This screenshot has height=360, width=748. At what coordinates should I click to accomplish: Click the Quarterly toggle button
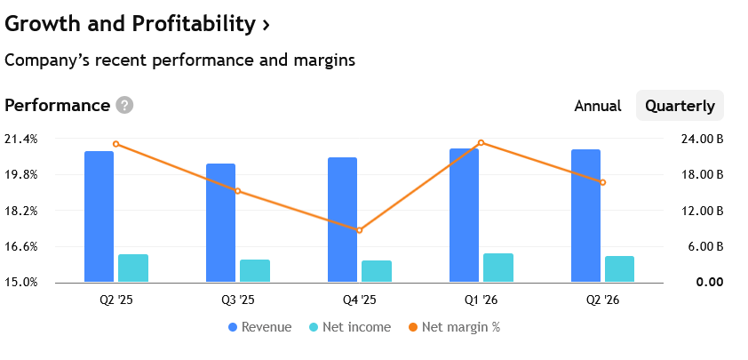[x=680, y=106]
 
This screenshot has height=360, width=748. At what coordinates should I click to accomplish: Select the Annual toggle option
[x=598, y=106]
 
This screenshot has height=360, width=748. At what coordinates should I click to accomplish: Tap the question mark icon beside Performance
[x=124, y=106]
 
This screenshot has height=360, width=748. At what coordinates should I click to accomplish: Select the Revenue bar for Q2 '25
[x=99, y=217]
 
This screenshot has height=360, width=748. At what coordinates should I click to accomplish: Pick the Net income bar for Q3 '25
[x=255, y=271]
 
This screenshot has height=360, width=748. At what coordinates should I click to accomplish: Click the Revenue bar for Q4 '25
[x=342, y=220]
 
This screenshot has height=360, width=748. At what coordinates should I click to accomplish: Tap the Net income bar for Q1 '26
[x=498, y=268]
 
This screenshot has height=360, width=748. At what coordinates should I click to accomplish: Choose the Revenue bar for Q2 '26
[x=585, y=216]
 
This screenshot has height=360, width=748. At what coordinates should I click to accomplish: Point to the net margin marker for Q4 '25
[x=360, y=230]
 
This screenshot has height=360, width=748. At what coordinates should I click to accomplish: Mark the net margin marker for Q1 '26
[x=481, y=142]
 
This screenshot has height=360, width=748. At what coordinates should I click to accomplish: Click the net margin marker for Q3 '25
[x=237, y=191]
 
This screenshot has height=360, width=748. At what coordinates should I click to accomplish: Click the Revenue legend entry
[x=259, y=327]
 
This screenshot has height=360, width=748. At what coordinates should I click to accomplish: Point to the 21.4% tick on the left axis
[x=20, y=139]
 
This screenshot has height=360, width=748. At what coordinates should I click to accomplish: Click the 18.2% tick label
[x=20, y=211]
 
